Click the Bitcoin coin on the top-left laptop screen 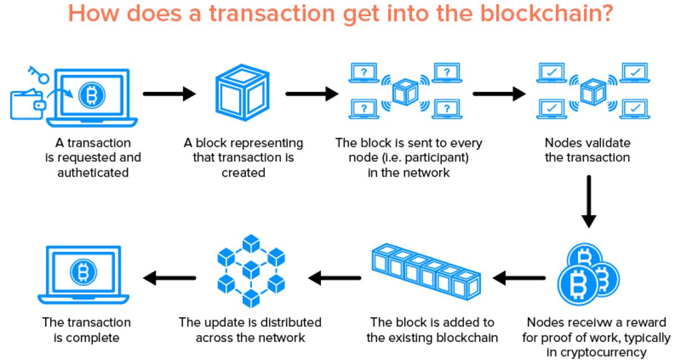[x=88, y=94]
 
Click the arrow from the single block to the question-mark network [x=311, y=93]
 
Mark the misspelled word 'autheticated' [x=93, y=173]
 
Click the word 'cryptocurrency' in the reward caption [x=596, y=353]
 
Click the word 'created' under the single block [x=243, y=173]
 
